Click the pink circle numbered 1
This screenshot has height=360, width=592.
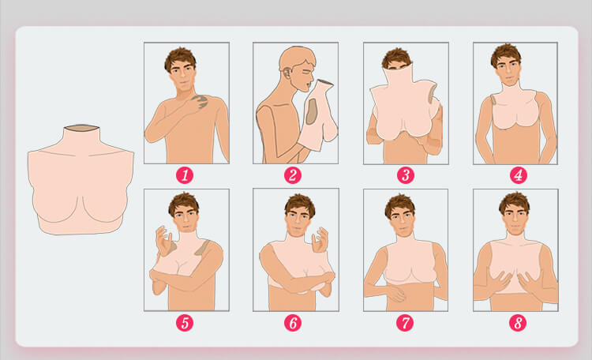coord(185,175)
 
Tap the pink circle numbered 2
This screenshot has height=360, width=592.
coord(293,175)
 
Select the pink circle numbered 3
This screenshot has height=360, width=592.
coord(406,175)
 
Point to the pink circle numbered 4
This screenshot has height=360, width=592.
coord(518,175)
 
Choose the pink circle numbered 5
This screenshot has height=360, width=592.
coord(185,323)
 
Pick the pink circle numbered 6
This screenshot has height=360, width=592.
coord(293,323)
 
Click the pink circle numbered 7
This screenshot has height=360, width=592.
coord(405,323)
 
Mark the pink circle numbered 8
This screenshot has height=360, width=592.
coord(518,323)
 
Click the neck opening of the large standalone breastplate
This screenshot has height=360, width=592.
coord(81,128)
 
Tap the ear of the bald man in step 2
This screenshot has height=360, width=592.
coord(287,72)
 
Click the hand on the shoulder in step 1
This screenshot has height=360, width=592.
coord(199,101)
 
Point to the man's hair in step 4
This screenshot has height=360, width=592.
coord(506,54)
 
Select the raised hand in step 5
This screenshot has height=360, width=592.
coord(164,240)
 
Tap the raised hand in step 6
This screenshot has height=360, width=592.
coord(320,240)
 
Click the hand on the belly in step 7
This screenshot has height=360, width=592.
coord(395,293)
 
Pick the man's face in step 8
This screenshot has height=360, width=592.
coord(514,219)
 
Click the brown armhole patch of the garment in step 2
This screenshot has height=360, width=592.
coord(312,112)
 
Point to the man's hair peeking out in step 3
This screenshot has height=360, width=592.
coord(396,58)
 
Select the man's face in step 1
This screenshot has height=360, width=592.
coord(182,77)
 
